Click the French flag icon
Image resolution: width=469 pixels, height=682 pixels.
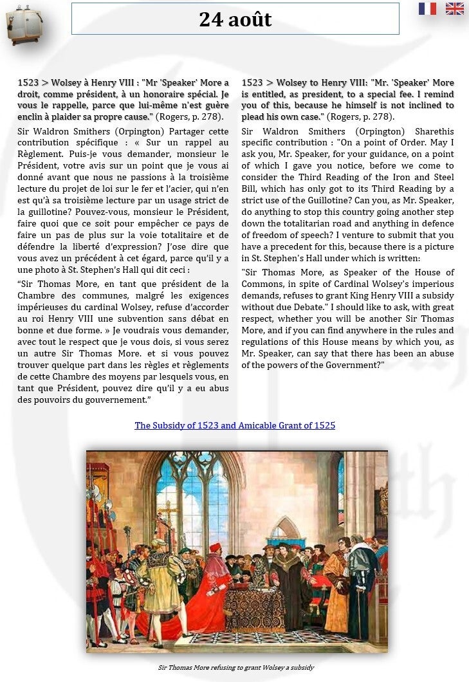tap(427, 8)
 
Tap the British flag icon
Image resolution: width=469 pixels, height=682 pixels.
tap(454, 8)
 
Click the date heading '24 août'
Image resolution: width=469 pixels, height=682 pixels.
tap(235, 19)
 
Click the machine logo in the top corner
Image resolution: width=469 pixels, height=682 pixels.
tap(24, 24)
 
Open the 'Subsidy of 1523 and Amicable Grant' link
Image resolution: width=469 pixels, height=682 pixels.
tap(235, 425)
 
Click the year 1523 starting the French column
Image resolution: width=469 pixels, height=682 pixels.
tap(28, 82)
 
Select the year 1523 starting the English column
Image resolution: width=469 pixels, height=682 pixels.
tap(252, 82)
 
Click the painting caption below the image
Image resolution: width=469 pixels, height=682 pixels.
tap(236, 667)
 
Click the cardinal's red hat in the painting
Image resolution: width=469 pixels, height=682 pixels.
tap(215, 548)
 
